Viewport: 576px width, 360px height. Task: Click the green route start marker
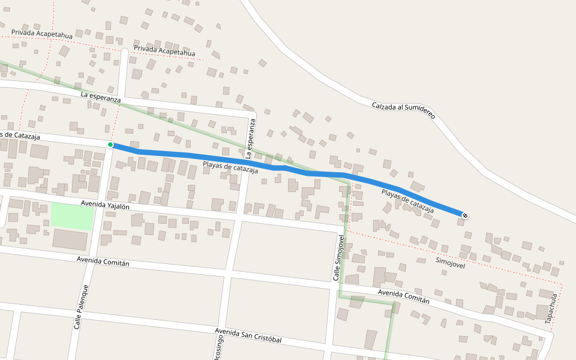pos(110,145)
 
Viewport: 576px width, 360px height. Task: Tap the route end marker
pos(464,215)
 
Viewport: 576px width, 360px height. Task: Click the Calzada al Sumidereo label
pos(403,110)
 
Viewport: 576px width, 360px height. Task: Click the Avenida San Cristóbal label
pos(248,335)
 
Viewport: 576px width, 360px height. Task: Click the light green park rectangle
pos(73,216)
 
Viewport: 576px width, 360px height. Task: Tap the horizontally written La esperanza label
pos(100,97)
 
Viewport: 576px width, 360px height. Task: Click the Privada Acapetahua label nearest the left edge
pos(41,34)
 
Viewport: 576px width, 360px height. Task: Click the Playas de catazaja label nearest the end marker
pos(407,201)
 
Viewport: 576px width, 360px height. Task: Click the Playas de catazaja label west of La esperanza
pos(230,167)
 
